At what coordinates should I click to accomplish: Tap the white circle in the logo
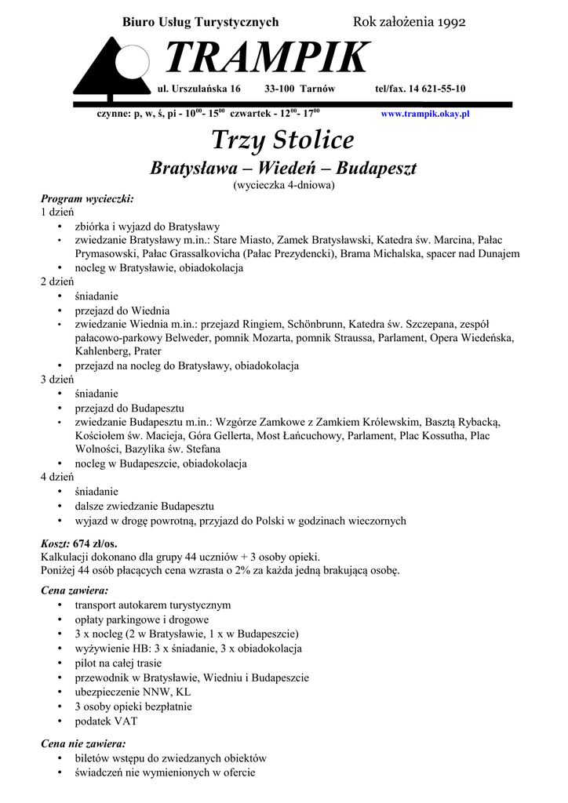pos(132,65)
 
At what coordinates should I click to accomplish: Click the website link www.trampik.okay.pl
pos(424,114)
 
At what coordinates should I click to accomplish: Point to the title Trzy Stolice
pos(282,140)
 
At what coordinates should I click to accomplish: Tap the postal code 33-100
pos(280,89)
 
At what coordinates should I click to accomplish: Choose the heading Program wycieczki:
pos(87,198)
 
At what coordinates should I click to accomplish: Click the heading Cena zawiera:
pos(75,590)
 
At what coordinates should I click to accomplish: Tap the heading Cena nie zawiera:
pos(83,743)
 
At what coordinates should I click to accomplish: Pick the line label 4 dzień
pos(57,477)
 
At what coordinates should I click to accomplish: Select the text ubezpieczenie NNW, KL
pos(133,692)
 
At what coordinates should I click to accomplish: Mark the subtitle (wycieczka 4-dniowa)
pos(283,185)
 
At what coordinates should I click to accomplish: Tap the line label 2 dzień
pos(57,282)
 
